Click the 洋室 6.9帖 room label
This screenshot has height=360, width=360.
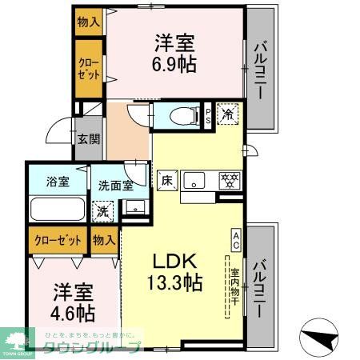coord(173,53)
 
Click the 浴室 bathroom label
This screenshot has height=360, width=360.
coord(57,181)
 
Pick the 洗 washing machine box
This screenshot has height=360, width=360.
coord(102,212)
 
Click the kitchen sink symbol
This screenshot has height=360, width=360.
coord(194,182)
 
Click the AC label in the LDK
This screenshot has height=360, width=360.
coord(237,236)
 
